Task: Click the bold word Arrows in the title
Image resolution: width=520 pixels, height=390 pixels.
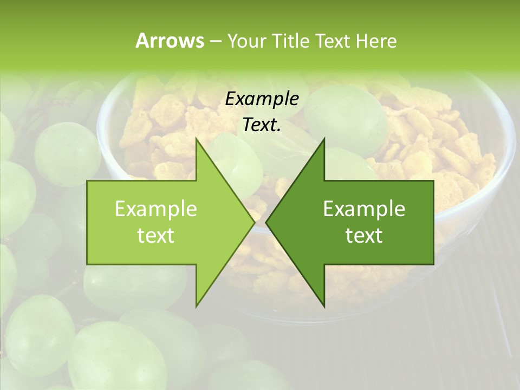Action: tap(170, 41)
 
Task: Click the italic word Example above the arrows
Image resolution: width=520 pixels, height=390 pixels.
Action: tap(262, 99)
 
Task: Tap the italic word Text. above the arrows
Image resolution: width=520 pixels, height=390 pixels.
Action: tap(262, 125)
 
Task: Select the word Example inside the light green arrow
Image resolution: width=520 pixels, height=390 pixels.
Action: tap(156, 209)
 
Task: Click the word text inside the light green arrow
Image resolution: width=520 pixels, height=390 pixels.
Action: tap(156, 236)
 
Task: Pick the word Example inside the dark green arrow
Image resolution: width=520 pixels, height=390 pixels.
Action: tap(364, 209)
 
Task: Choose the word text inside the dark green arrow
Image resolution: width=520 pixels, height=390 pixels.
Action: tap(364, 236)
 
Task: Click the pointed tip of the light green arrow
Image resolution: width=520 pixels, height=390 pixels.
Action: tap(255, 222)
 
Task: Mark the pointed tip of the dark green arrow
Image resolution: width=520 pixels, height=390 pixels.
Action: tap(266, 222)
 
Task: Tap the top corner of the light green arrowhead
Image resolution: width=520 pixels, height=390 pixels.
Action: tap(197, 139)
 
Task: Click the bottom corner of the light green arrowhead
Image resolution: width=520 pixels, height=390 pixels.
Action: tap(197, 306)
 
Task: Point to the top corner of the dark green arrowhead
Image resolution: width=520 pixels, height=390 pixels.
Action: tap(324, 139)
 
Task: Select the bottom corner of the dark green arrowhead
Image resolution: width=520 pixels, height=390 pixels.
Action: tap(324, 306)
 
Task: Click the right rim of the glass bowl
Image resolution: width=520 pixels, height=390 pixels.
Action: tap(509, 157)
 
